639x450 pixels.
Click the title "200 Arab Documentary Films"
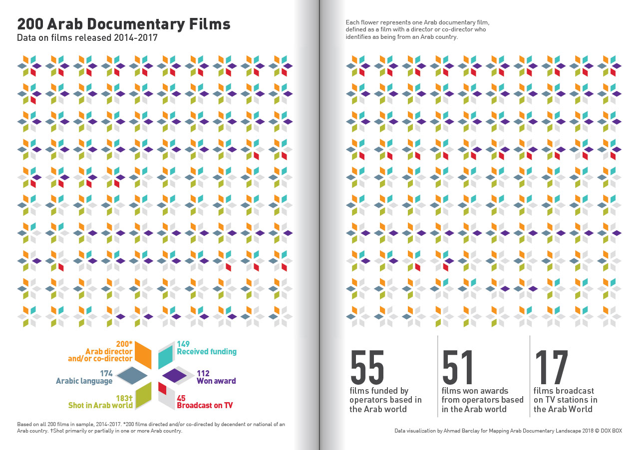[x=124, y=24]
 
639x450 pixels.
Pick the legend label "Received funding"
[x=207, y=352]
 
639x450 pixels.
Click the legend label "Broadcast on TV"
[x=205, y=405]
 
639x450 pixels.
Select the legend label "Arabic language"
[x=84, y=381]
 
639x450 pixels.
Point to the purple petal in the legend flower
[x=174, y=375]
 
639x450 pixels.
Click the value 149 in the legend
[x=184, y=344]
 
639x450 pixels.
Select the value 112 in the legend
[x=203, y=373]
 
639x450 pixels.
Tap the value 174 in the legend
[x=106, y=373]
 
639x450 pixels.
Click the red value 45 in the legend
[x=182, y=398]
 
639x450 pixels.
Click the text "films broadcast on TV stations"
[x=565, y=395]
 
